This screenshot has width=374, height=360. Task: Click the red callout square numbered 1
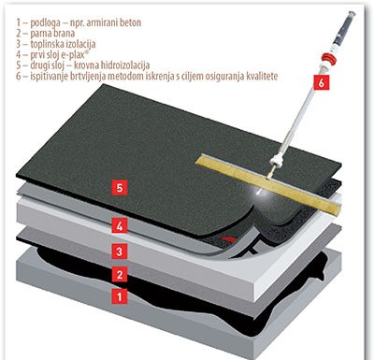(x=120, y=295)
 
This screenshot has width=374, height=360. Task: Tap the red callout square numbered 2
(x=120, y=274)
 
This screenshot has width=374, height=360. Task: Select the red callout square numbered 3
(x=120, y=251)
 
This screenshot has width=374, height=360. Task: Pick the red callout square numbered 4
(x=120, y=225)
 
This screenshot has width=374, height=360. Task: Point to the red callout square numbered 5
(x=120, y=187)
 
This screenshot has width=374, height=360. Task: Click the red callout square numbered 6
(x=321, y=82)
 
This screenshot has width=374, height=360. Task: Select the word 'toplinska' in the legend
(x=48, y=44)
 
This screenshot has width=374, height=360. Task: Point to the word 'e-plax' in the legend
(x=75, y=55)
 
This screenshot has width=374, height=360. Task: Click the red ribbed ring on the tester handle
(x=329, y=58)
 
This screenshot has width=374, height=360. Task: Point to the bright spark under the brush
(x=260, y=194)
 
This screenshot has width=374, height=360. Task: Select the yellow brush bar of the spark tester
(x=268, y=181)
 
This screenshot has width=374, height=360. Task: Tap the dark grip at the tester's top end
(x=344, y=28)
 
